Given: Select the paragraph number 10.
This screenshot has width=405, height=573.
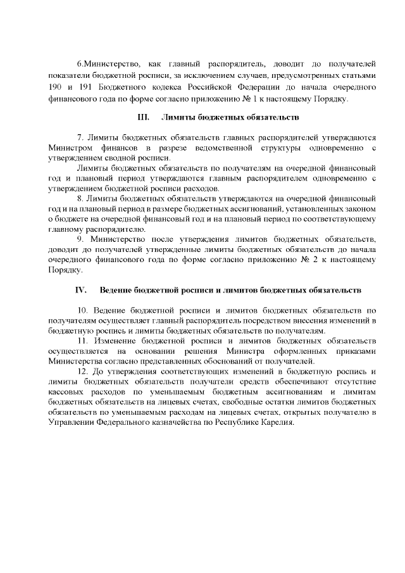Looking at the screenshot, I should [82, 310].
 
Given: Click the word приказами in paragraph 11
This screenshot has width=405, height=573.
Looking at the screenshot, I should [354, 351].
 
